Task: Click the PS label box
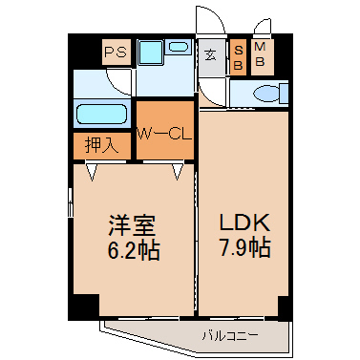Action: point(116,52)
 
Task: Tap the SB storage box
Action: point(239,57)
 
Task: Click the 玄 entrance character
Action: point(210,55)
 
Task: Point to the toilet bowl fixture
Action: point(265,94)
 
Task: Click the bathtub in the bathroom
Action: point(102,114)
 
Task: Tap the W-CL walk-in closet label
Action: point(164,134)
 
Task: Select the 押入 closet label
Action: point(101,145)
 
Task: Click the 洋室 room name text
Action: point(132,225)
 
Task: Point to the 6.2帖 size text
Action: point(133,249)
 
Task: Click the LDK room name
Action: point(244,222)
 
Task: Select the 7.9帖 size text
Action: point(244,247)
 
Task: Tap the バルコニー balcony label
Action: point(230,335)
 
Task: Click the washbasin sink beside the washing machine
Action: point(179,47)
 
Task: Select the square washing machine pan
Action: point(151,52)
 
